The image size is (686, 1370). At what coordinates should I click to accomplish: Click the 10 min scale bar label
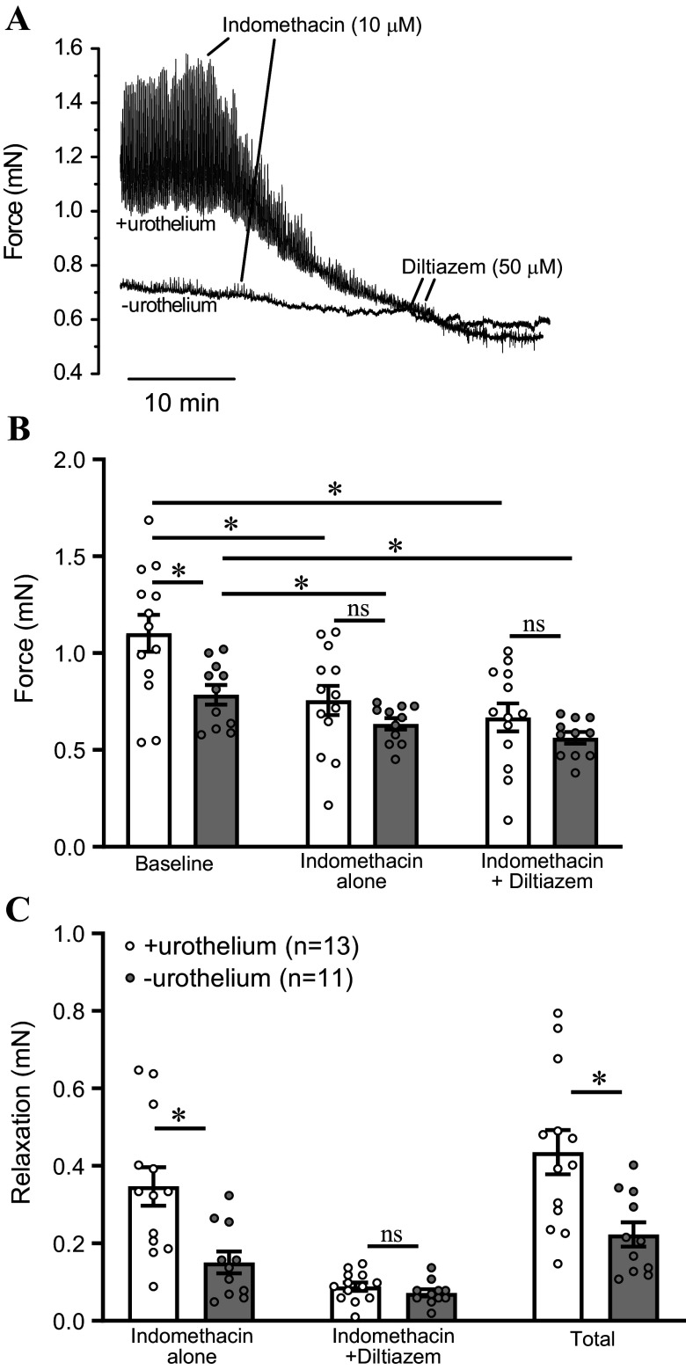pos(182,404)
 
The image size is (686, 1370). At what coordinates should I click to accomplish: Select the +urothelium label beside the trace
pos(165,225)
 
